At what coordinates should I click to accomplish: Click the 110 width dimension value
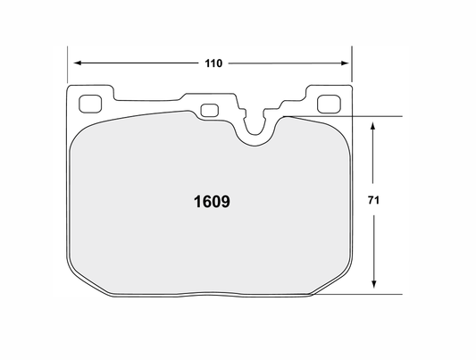(212, 63)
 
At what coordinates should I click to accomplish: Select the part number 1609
(213, 202)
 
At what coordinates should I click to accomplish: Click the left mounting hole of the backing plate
(89, 102)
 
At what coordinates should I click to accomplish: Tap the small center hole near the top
(211, 111)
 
